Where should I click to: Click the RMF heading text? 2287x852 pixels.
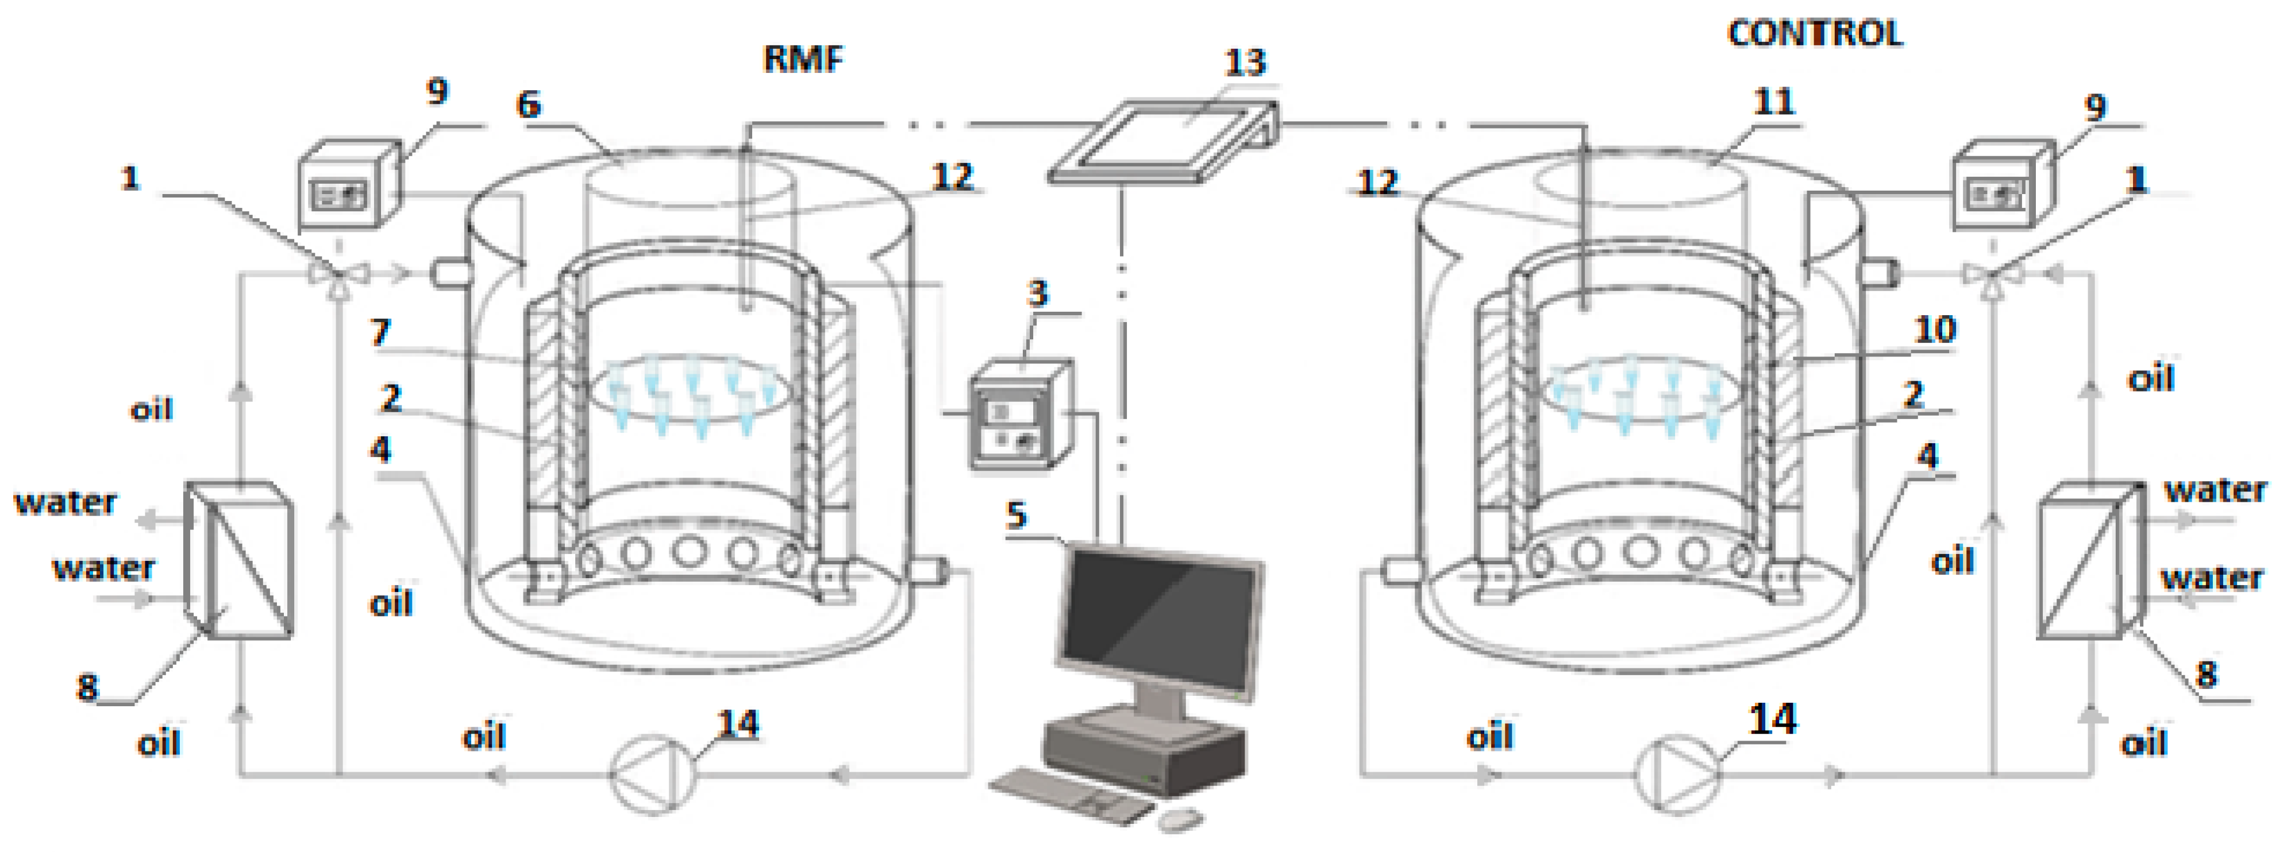803,59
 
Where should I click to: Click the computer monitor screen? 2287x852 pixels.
1163,621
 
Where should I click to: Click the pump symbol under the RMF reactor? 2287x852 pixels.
654,774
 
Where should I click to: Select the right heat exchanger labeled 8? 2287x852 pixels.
2091,559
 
